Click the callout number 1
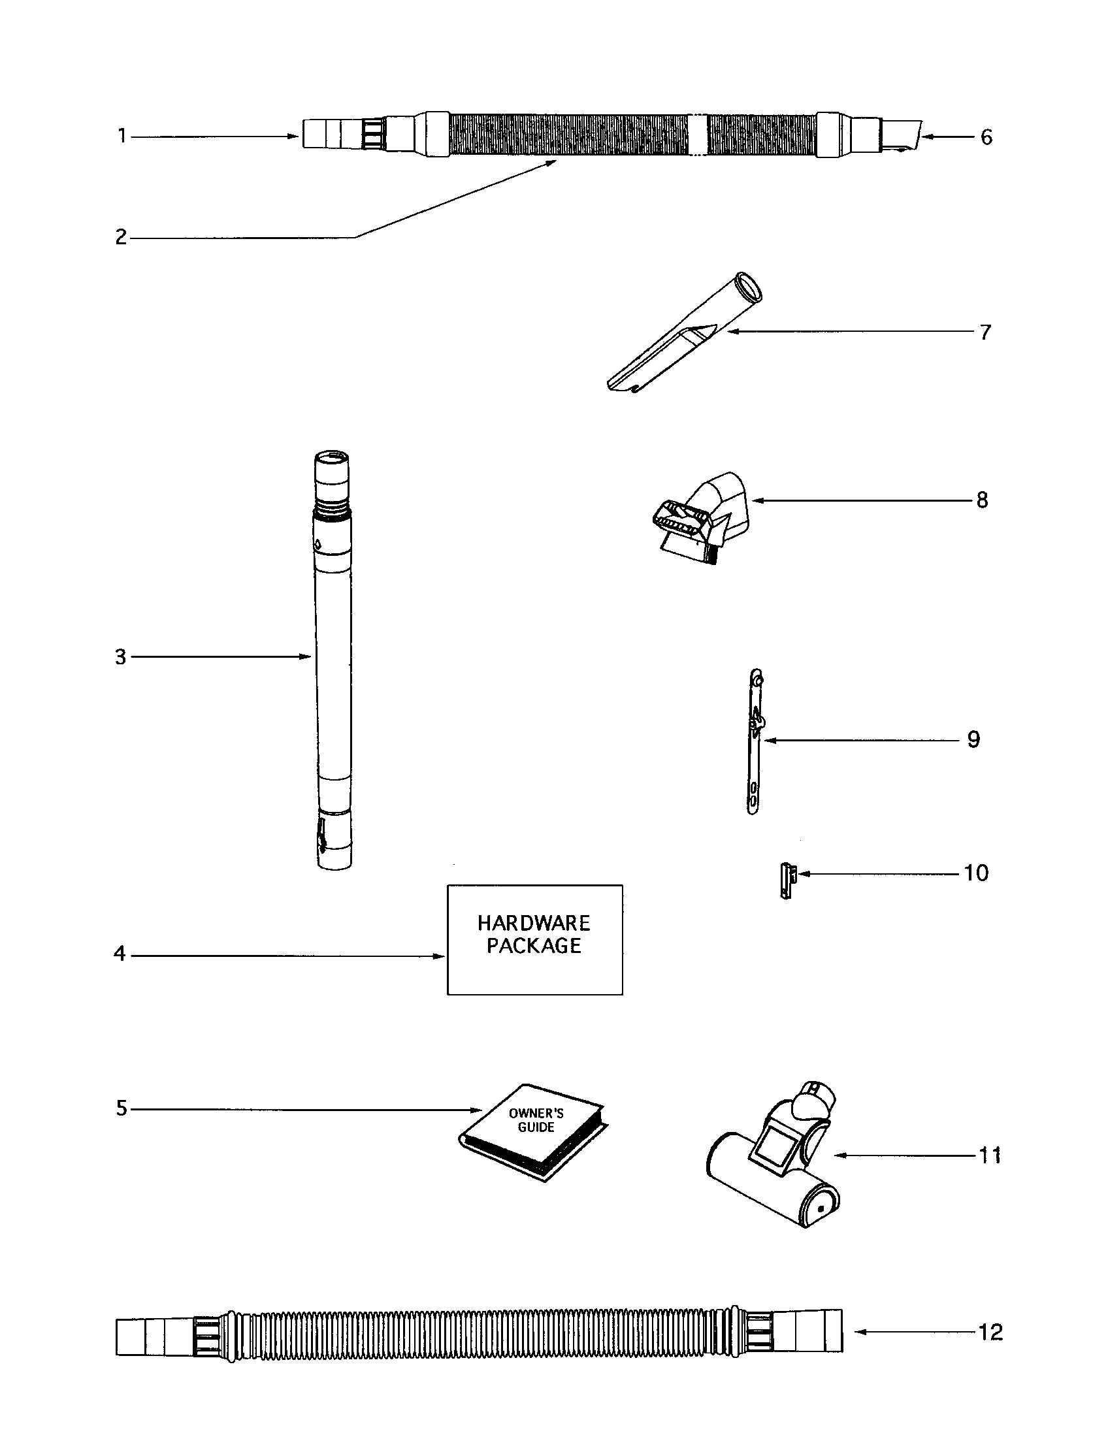pos(122,137)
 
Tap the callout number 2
pos(121,237)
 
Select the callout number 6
pos(986,137)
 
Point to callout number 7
pos(985,332)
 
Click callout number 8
pos(982,500)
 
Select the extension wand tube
pos(333,658)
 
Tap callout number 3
pos(120,656)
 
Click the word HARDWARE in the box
pos(534,923)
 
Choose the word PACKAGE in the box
pos(534,946)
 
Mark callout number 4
pos(120,954)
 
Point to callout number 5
pos(122,1108)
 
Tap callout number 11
pos(990,1155)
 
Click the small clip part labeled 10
pos(787,881)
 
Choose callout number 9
pos(974,739)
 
